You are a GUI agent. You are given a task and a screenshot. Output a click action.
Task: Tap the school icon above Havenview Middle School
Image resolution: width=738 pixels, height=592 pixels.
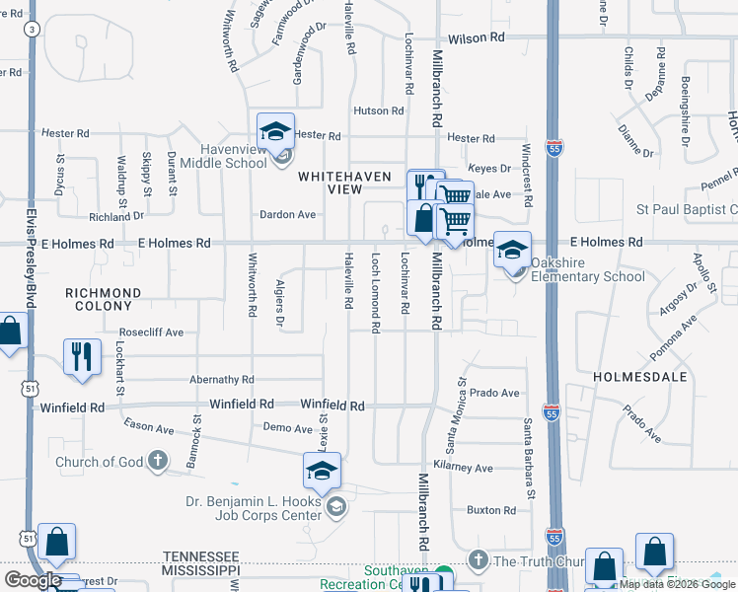(276, 131)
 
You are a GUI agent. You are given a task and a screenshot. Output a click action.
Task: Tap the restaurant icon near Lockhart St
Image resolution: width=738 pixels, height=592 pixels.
(82, 356)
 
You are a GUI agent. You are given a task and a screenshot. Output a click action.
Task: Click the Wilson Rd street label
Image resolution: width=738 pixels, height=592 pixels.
(477, 37)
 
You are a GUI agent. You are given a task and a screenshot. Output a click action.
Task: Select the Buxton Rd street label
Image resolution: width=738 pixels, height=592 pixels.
(492, 510)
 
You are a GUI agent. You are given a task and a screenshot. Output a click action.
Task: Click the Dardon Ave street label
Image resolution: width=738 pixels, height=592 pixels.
(287, 214)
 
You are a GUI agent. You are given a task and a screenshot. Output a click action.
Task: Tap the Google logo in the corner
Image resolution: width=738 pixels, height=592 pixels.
(33, 580)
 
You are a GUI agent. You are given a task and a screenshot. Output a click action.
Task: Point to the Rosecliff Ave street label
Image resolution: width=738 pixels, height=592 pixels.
(151, 333)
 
